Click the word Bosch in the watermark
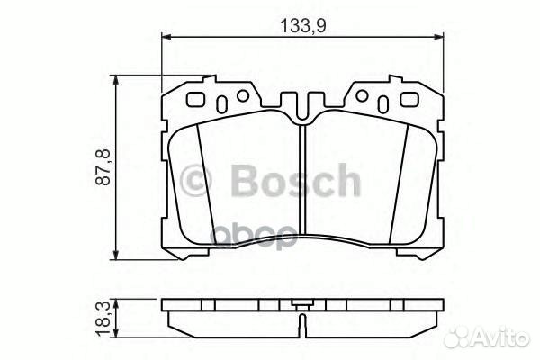point(295,183)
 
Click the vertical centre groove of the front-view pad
point(303,180)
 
